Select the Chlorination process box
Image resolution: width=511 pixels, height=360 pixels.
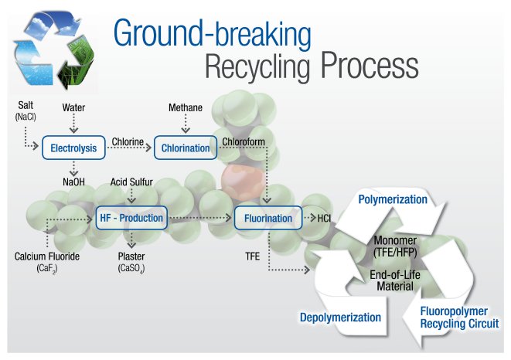(x=186, y=148)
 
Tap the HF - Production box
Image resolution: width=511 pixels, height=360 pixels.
(x=132, y=218)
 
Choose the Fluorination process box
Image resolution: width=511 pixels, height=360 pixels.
(x=267, y=219)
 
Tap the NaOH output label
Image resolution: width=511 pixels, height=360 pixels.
(x=73, y=183)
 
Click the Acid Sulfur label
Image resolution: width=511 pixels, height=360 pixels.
(x=132, y=183)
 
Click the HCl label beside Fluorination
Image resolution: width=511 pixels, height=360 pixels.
(x=325, y=219)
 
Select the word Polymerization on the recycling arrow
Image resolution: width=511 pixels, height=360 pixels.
(x=393, y=199)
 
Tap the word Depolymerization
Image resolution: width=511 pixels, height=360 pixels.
(x=340, y=317)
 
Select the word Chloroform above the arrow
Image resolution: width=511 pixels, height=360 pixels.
(x=243, y=141)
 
